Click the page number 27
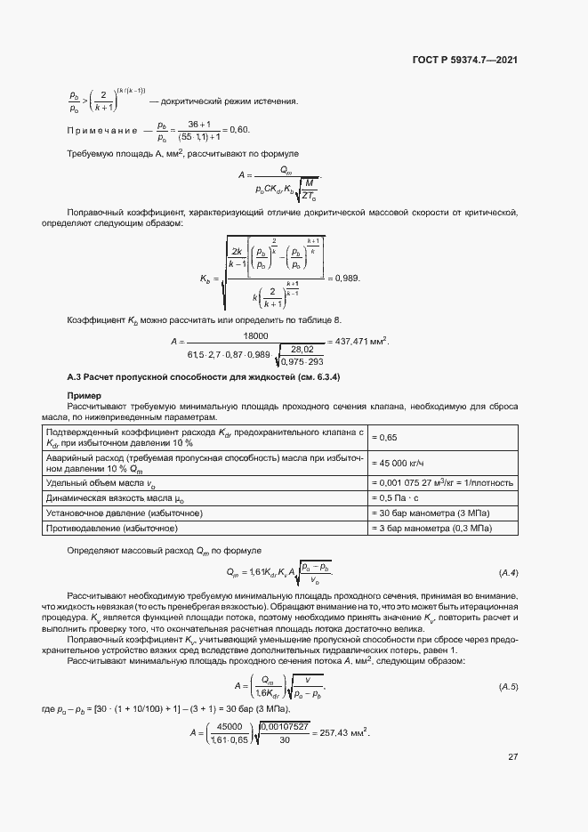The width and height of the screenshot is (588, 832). pyautogui.click(x=512, y=757)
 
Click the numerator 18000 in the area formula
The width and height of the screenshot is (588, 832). pyautogui.click(x=256, y=335)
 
